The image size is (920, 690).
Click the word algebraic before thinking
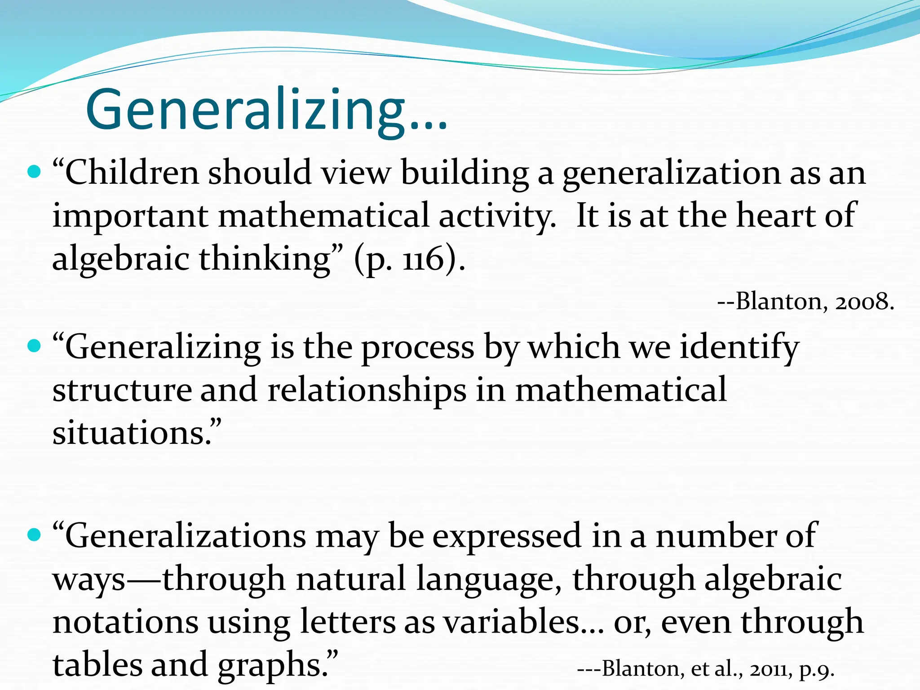pos(121,259)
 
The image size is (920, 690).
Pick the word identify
pos(739,347)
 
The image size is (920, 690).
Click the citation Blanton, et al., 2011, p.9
pos(705,668)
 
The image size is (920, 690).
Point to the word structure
pos(121,390)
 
